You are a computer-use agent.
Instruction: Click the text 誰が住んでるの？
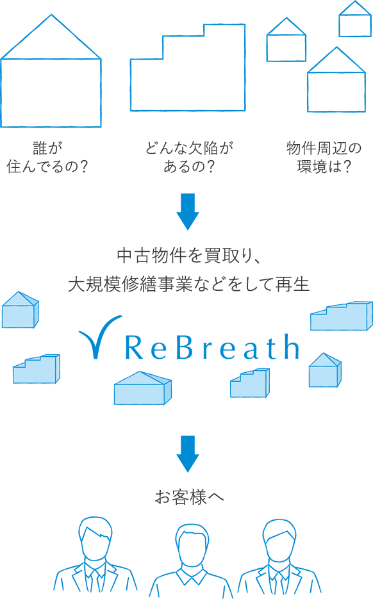click(47, 158)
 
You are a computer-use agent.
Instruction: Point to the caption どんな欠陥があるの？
click(188, 158)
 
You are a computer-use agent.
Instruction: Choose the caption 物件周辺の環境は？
click(324, 158)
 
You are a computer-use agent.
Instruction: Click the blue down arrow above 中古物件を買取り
click(188, 211)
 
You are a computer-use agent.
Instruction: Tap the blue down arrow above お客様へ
click(188, 453)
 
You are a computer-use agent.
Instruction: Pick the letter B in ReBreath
click(179, 348)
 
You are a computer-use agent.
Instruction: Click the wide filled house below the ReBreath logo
click(142, 389)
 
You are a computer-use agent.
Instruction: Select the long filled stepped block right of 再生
click(340, 315)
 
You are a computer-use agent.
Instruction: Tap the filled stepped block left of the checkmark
click(37, 369)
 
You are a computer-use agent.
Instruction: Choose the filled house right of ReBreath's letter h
click(324, 370)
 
